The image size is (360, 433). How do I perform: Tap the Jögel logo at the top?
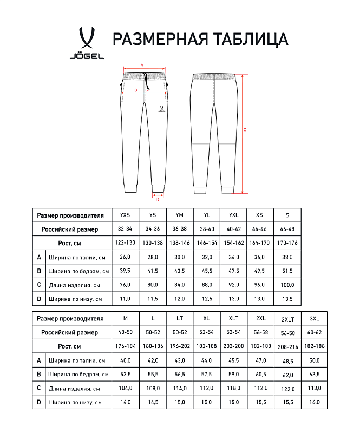[x=87, y=43]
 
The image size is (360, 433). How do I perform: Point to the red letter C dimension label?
[x=245, y=129]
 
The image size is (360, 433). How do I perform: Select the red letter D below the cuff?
[x=158, y=199]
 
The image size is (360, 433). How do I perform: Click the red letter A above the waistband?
[x=142, y=64]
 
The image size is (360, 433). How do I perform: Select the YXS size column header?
[x=125, y=215]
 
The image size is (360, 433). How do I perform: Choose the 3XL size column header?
[x=315, y=318]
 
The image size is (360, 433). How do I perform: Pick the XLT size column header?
[x=233, y=318]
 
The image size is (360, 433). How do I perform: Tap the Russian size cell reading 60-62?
[x=315, y=332]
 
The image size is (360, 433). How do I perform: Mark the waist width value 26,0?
[x=125, y=257]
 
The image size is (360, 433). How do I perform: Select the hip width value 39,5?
[x=125, y=271]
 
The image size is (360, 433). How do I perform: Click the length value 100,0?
[x=287, y=285]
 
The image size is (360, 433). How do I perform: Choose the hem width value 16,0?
[x=315, y=402]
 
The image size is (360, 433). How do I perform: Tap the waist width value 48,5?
[x=287, y=361]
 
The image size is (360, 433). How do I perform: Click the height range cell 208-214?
[x=287, y=346]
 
